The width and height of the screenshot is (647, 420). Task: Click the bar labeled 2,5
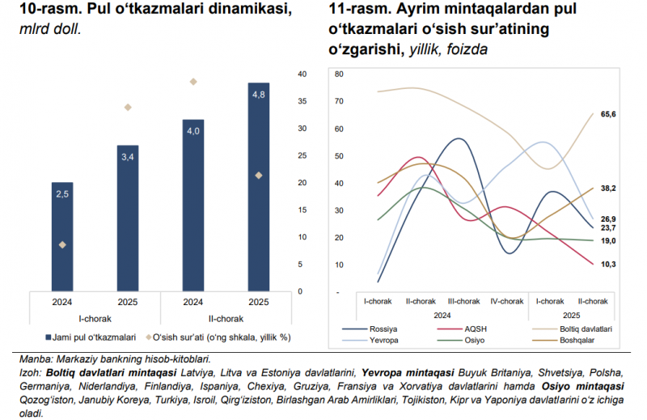point(62,236)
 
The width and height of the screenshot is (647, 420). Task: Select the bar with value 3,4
point(129,218)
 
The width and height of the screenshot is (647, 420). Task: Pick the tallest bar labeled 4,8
point(259,187)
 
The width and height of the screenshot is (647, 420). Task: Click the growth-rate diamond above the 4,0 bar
point(193,82)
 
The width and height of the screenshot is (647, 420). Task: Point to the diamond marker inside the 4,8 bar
point(259,175)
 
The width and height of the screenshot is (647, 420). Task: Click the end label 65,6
point(609,115)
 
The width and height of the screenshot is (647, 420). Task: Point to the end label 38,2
point(609,188)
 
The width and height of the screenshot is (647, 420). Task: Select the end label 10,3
point(609,264)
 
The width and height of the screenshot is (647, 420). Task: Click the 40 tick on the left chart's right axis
point(302,74)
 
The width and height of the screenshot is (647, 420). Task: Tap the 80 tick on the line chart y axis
point(339,74)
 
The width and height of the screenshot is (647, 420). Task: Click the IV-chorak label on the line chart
point(507,301)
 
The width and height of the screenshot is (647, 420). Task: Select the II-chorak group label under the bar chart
point(226,318)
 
